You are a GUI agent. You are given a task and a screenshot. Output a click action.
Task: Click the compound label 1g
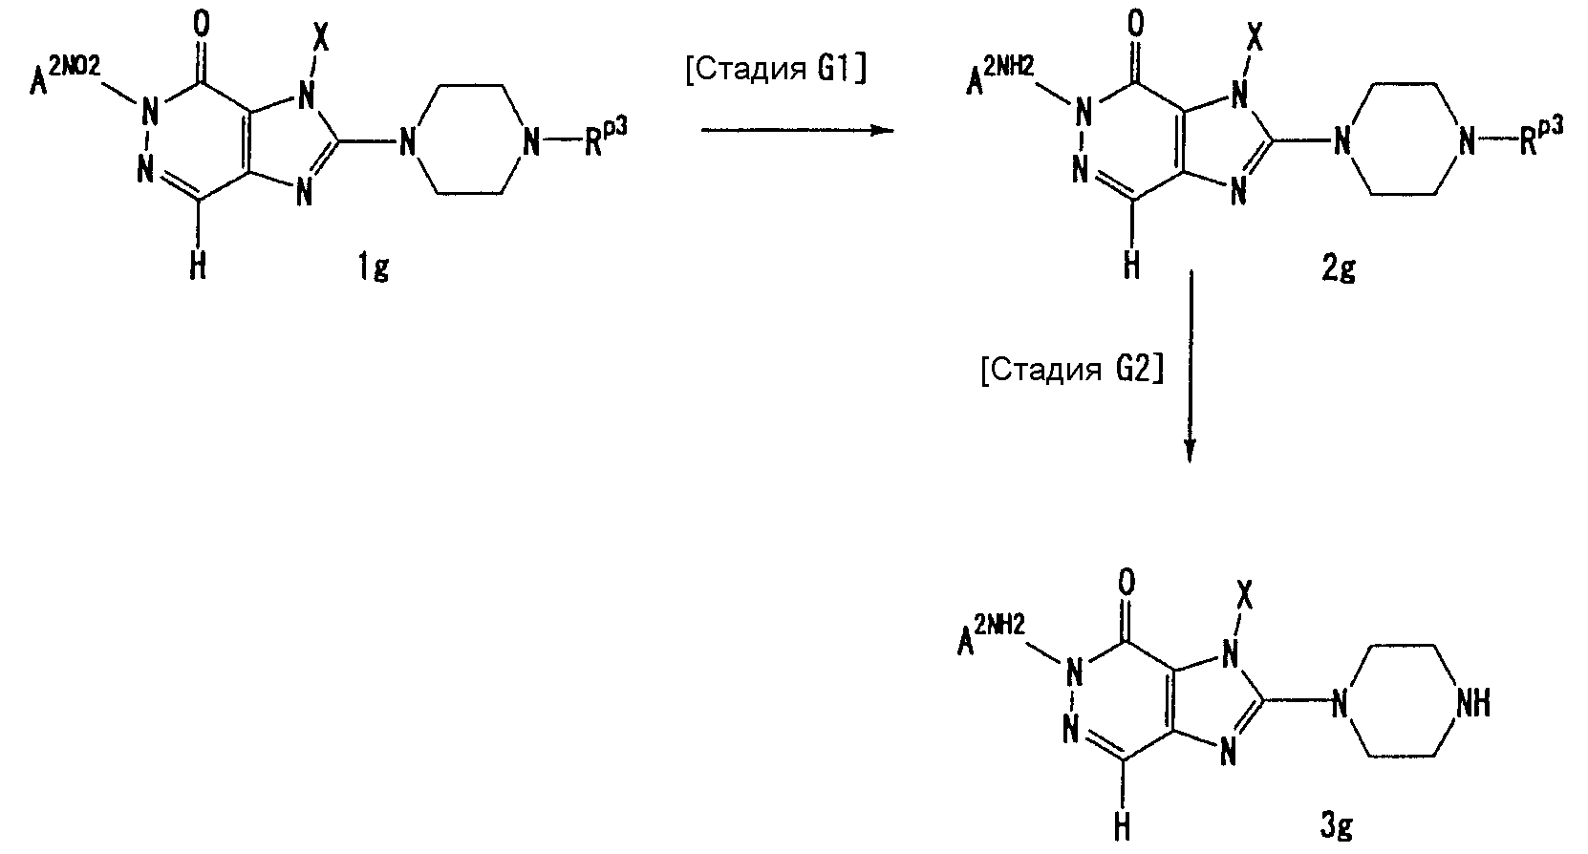(x=373, y=267)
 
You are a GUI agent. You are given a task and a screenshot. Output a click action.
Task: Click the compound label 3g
(x=1337, y=826)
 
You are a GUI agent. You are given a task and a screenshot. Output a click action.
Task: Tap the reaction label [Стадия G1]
(x=776, y=70)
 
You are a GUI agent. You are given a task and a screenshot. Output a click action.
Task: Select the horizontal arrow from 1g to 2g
(x=798, y=131)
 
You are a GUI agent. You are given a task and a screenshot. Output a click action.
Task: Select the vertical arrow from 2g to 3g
(x=1191, y=366)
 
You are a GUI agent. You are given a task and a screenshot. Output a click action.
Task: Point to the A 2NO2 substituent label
(x=65, y=75)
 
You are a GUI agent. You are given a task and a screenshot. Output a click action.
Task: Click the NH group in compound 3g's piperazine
(x=1472, y=704)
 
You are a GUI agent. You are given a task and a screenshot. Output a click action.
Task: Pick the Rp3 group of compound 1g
(x=605, y=138)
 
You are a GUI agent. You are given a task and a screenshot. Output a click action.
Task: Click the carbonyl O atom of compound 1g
(x=202, y=24)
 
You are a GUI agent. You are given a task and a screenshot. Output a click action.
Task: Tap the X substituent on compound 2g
(x=1255, y=36)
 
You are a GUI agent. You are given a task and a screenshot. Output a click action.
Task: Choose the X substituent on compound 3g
(x=1244, y=594)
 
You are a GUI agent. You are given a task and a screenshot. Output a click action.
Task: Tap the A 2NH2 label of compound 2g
(x=1000, y=75)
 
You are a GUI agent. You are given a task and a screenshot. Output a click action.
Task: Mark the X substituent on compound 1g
(x=320, y=36)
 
